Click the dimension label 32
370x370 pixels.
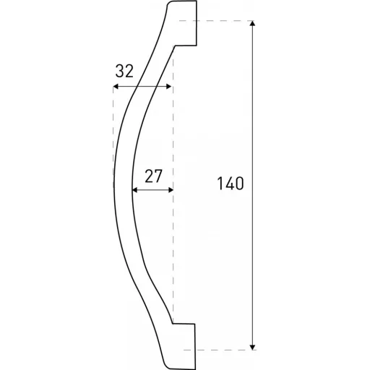(124, 72)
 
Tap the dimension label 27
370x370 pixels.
(153, 176)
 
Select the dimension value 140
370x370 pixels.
(231, 184)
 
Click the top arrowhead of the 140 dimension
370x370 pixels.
(252, 23)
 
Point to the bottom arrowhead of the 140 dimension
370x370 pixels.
(252, 347)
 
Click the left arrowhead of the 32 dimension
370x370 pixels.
(116, 87)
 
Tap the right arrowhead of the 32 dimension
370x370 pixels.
(168, 87)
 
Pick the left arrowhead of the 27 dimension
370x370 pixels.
(134, 190)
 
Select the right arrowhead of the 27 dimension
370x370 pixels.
(171, 190)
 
